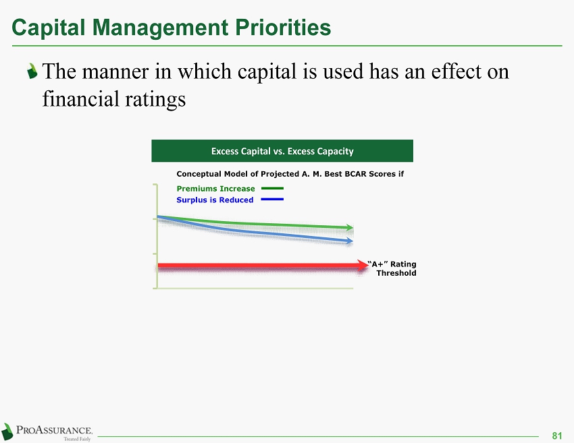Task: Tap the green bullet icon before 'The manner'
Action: tap(32, 71)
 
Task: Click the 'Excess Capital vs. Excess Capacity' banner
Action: tap(282, 150)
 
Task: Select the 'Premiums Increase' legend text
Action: tap(215, 189)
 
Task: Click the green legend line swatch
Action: tap(272, 188)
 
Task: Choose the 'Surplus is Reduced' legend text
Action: tap(215, 200)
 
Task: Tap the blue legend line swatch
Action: tap(272, 199)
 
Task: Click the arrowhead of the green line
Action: tap(350, 228)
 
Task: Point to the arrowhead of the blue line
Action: tap(350, 241)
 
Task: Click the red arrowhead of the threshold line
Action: tap(363, 266)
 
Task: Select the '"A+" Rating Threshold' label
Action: tap(392, 268)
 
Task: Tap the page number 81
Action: tap(557, 436)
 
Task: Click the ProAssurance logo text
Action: tap(54, 430)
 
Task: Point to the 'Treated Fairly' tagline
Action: tap(77, 439)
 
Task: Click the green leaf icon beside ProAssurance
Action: tap(7, 432)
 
